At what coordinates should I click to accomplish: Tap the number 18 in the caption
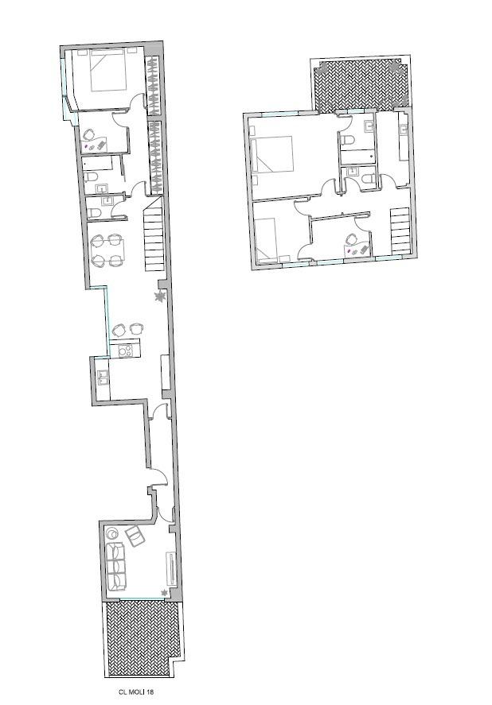pos(150,692)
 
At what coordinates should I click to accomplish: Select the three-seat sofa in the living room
pos(117,567)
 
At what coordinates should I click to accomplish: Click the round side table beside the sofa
pos(111,533)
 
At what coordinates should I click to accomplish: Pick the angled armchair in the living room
pos(135,536)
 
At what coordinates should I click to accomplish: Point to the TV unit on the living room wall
pos(171,567)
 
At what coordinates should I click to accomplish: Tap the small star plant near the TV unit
pos(164,592)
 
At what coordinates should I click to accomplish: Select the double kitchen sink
pos(102,378)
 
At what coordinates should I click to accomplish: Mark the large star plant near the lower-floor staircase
pos(159,296)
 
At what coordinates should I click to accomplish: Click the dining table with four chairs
pos(107,250)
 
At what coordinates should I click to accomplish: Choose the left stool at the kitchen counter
pos(119,330)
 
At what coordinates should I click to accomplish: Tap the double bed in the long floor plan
pos(107,70)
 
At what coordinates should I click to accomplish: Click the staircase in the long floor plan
pos(154,238)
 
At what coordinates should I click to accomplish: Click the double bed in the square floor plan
pos(272,153)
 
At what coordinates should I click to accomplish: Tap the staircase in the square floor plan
pos(400,230)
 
